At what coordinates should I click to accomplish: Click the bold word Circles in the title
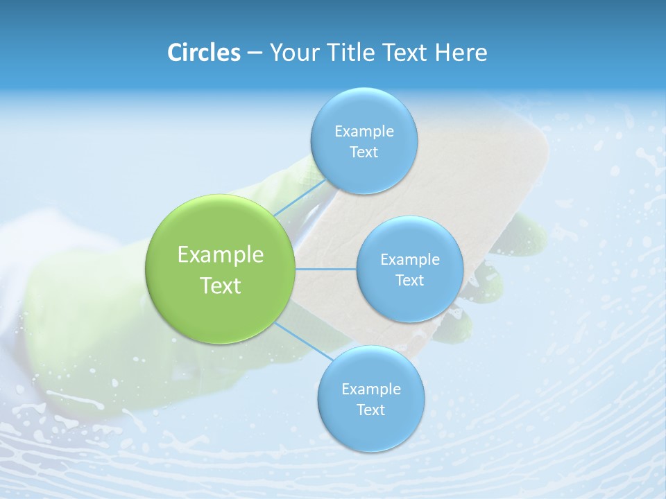tap(203, 53)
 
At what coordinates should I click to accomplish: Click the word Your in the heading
tap(291, 53)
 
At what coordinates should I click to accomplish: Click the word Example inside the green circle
tap(221, 255)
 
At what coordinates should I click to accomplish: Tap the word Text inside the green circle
tap(221, 286)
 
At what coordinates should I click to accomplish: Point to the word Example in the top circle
tap(364, 131)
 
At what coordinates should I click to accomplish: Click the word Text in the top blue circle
tap(364, 152)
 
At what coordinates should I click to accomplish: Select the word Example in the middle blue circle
tap(409, 259)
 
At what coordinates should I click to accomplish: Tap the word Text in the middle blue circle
tap(409, 280)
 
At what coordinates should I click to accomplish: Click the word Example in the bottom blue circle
tap(370, 389)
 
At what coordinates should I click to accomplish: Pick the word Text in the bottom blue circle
tap(370, 410)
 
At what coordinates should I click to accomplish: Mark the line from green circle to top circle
tap(300, 198)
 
